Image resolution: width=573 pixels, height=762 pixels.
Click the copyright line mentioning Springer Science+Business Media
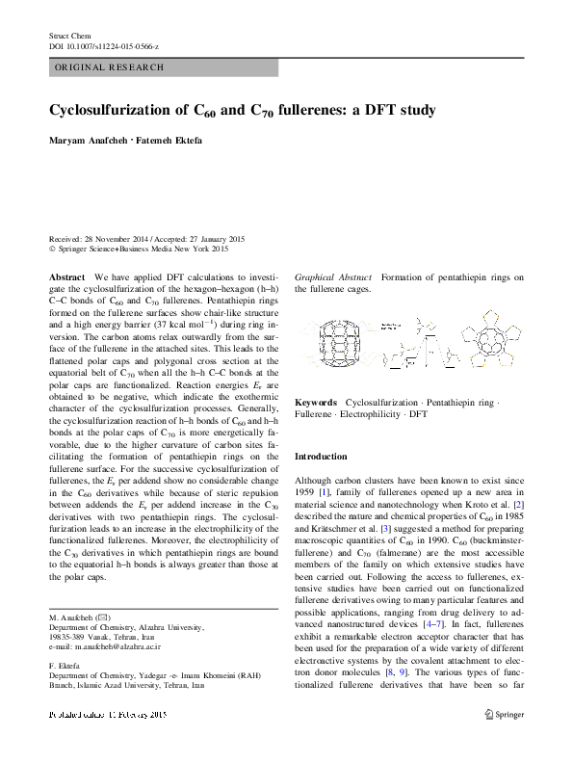(139, 249)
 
